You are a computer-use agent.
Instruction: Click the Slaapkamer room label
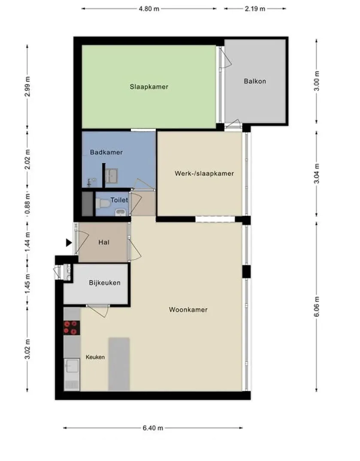click(149, 87)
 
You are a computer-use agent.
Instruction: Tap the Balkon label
click(255, 81)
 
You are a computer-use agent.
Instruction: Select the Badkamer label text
click(106, 152)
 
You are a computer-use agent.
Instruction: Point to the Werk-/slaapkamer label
click(204, 173)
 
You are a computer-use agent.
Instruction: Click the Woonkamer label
click(188, 309)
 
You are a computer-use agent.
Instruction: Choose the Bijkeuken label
click(105, 283)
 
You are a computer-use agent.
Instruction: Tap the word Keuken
click(95, 357)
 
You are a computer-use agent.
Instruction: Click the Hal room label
click(104, 242)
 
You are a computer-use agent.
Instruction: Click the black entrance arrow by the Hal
click(69, 243)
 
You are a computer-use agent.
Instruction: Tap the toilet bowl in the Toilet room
click(102, 203)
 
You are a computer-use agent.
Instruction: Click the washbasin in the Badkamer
click(112, 176)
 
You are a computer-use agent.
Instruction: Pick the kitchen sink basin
click(72, 366)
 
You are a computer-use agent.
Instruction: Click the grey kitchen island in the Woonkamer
click(119, 364)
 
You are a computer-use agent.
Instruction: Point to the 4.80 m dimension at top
click(149, 9)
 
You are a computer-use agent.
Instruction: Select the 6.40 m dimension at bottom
click(153, 428)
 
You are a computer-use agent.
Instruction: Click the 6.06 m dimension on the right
click(317, 306)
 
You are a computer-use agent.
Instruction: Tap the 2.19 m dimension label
click(255, 9)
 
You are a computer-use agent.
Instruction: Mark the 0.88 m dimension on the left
click(27, 204)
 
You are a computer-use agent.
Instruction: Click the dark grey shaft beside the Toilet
click(87, 204)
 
